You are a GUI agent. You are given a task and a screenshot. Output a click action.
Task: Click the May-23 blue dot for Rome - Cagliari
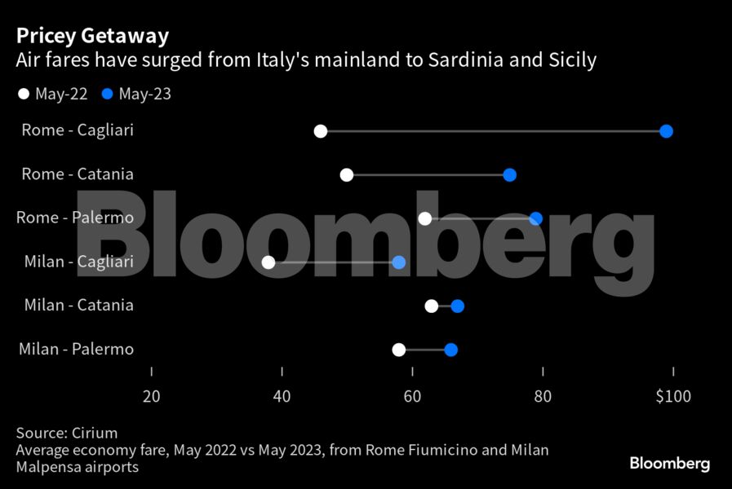[x=666, y=131]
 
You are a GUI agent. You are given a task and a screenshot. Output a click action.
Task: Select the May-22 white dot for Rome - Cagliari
[x=321, y=131]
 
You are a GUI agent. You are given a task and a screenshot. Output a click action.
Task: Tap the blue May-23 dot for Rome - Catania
[x=510, y=174]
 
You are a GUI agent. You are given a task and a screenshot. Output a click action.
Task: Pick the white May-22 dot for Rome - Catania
[x=347, y=174]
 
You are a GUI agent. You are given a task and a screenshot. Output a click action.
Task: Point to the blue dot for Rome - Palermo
[x=535, y=218]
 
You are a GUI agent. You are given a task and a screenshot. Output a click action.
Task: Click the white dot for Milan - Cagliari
[x=268, y=262]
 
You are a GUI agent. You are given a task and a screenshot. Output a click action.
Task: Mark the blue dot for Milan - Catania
[x=458, y=306]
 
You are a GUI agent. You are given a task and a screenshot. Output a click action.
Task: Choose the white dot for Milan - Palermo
[x=399, y=350]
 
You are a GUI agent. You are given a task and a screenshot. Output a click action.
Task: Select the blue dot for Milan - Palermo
[x=451, y=350]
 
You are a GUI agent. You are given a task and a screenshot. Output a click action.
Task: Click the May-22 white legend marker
[x=23, y=95]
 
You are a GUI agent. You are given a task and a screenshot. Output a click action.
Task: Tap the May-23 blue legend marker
[x=107, y=95]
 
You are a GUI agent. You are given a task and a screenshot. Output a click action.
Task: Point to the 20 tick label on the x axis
[x=151, y=397]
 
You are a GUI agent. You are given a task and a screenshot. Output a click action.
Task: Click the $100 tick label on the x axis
[x=672, y=397]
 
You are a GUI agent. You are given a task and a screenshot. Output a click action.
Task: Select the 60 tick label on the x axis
[x=412, y=397]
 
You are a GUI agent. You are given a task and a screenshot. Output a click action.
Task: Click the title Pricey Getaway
[x=92, y=36]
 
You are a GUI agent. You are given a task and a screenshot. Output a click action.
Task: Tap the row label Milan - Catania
[x=78, y=306]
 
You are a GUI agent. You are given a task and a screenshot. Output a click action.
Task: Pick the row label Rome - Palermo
[x=78, y=218]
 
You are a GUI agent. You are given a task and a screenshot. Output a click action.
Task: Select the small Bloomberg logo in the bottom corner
[x=669, y=463]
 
